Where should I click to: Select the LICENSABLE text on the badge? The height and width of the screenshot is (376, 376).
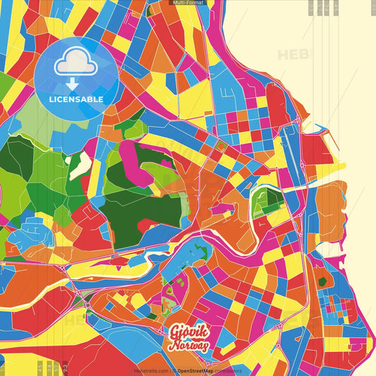(x=75, y=99)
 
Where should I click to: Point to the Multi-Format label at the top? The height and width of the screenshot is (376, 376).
(x=188, y=3)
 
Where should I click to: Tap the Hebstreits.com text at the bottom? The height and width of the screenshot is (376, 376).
(x=150, y=370)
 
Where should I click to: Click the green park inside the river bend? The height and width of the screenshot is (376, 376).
(x=266, y=201)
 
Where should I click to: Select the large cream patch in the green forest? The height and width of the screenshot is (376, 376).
(x=82, y=164)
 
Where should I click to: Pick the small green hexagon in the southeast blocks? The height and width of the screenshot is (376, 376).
(x=322, y=282)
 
